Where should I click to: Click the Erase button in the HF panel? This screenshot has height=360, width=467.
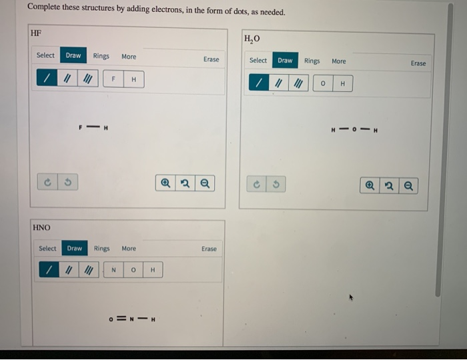211,59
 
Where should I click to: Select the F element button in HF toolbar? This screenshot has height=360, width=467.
115,79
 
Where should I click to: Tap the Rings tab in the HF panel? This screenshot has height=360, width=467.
101,56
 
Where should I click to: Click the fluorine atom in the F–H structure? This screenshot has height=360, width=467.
81,127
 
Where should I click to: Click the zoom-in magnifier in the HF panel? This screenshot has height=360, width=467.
165,182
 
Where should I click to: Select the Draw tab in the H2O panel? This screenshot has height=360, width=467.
285,61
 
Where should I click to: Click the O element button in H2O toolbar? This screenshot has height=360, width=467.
323,84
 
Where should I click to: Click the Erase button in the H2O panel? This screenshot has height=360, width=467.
418,63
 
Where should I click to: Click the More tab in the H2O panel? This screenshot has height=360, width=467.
339,61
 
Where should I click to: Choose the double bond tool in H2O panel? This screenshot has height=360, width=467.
280,84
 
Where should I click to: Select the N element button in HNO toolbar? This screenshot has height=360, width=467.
114,270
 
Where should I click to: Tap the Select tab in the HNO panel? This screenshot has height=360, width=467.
47,249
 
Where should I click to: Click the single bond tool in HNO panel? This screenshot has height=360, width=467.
47,270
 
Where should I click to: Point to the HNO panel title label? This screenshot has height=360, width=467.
41,228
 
